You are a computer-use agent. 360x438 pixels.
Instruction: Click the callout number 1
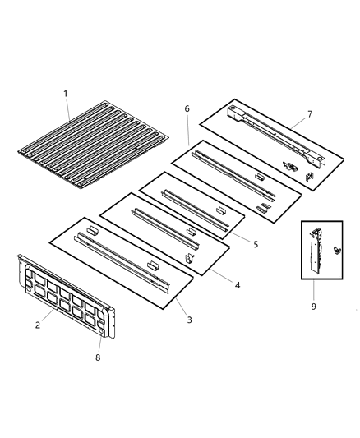(67, 93)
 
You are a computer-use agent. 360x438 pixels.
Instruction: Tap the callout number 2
(38, 325)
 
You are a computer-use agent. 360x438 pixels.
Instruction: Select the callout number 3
(189, 319)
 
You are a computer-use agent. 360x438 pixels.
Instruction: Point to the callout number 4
(237, 285)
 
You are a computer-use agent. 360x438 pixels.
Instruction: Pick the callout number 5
(256, 244)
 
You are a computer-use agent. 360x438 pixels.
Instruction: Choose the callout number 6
(187, 108)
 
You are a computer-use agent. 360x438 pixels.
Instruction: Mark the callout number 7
(309, 113)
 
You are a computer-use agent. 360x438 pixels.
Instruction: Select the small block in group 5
(220, 210)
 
